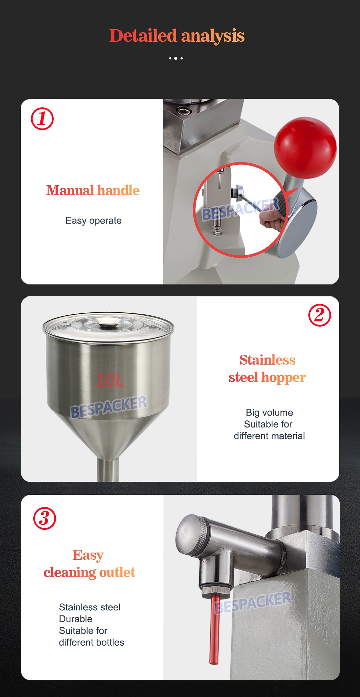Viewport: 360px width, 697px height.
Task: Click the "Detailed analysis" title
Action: coord(177,36)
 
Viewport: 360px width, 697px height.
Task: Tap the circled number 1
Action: coord(42,119)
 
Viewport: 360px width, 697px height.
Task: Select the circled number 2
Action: coord(319,315)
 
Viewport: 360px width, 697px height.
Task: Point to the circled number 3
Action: coord(44,518)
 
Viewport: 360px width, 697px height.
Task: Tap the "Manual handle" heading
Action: coord(93,190)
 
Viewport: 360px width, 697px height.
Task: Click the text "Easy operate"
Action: coord(93,221)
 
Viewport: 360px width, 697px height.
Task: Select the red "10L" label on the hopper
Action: coord(109,380)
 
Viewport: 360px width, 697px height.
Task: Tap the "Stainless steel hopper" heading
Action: coord(267,368)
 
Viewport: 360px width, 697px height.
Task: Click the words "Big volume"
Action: coord(269,413)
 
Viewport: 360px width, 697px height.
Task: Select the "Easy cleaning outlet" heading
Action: coord(89,563)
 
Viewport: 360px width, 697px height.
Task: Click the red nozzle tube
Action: coord(215,629)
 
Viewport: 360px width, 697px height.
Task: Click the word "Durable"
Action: coord(76,619)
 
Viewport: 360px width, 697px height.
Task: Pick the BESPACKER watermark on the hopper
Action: coord(109,407)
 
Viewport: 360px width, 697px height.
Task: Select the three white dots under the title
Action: coord(176,58)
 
